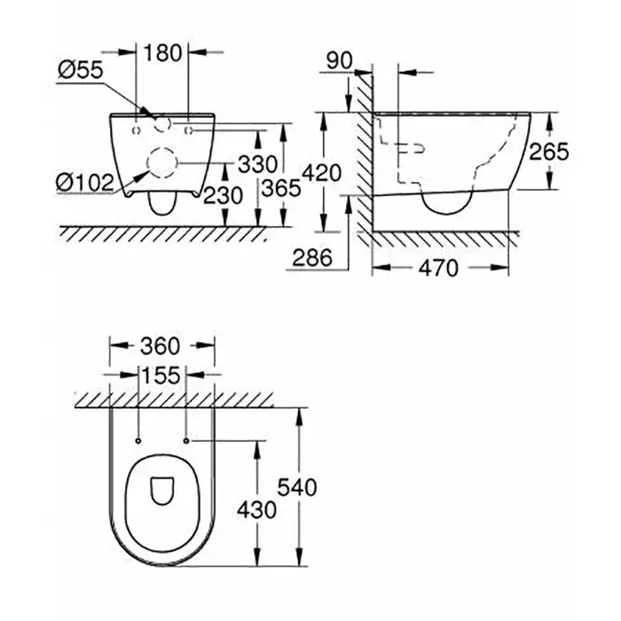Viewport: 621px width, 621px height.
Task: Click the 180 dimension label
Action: point(162,52)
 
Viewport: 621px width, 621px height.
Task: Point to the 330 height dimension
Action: point(257,164)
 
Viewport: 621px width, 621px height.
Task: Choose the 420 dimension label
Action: point(321,173)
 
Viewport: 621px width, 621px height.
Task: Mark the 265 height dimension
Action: point(548,153)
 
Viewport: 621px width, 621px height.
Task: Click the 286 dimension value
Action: point(311,258)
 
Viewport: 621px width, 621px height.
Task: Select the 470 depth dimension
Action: point(439,266)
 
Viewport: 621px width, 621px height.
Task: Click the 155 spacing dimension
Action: point(161,376)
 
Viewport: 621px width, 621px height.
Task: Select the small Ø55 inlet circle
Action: point(161,123)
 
